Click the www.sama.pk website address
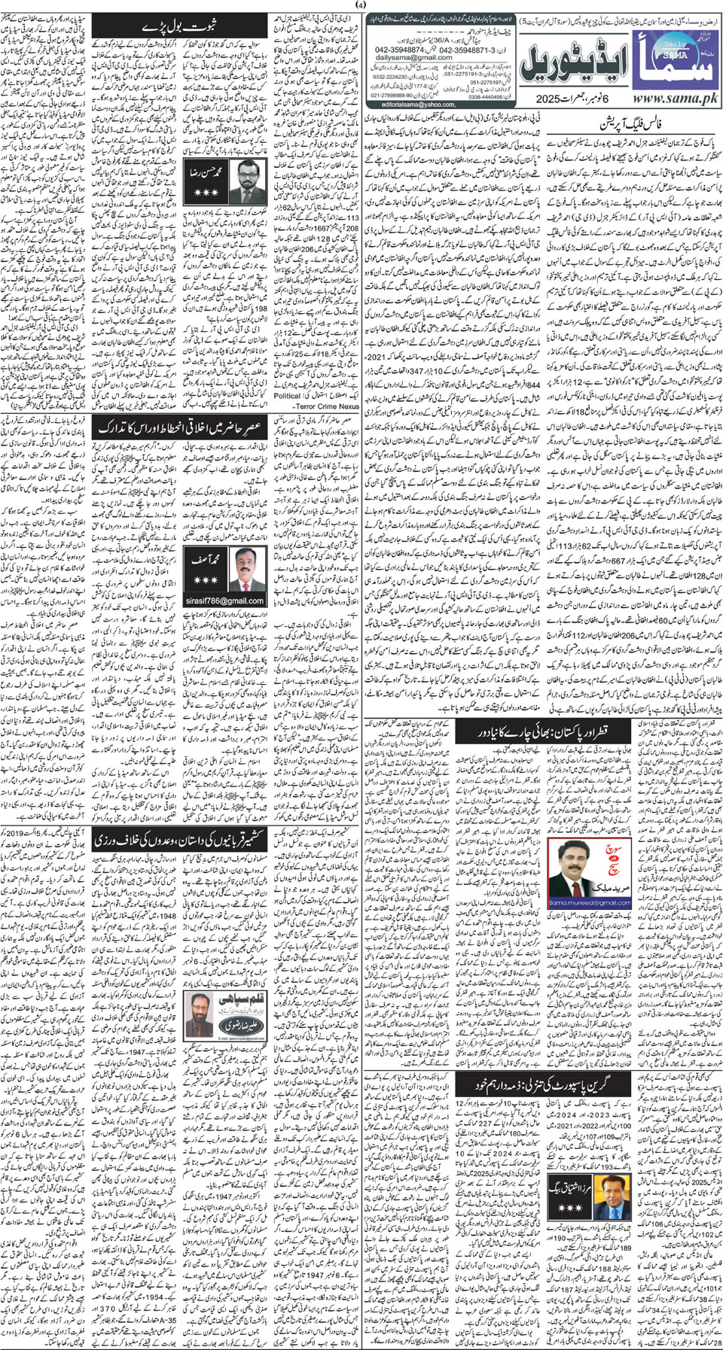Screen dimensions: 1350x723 click(x=676, y=99)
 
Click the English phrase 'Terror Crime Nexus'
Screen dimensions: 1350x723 click(x=328, y=406)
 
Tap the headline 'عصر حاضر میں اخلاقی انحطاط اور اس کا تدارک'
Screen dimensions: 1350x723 click(x=178, y=427)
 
